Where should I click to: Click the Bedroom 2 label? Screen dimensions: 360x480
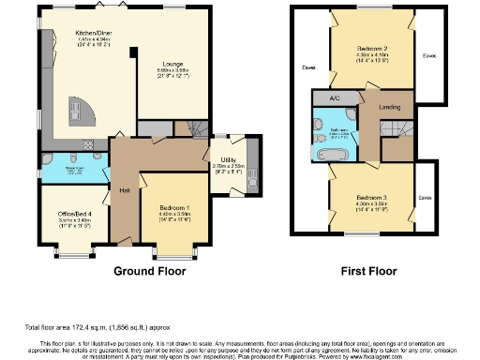372,47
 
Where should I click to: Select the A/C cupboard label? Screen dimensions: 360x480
333,98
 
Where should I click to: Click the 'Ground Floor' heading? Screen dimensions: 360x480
149,271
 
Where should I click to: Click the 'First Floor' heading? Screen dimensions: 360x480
365,271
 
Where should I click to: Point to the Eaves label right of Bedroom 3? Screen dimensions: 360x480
425,198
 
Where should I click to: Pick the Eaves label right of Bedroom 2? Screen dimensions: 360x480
429,55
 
